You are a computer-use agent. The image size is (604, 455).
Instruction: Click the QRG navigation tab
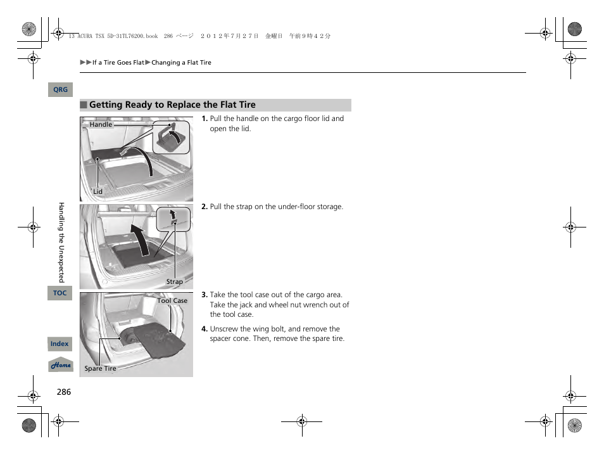[x=60, y=90]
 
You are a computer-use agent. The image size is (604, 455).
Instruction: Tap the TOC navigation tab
[x=60, y=293]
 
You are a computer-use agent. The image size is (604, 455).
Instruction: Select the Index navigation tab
[x=60, y=344]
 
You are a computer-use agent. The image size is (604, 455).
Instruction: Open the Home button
[x=61, y=366]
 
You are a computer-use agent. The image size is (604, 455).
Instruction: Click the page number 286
[x=63, y=392]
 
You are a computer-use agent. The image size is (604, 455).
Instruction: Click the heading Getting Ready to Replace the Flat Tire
[x=172, y=105]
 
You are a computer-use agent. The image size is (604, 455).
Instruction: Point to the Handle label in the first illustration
[x=101, y=125]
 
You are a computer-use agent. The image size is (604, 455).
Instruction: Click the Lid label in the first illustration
[x=98, y=191]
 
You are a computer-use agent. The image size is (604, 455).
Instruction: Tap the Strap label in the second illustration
[x=174, y=281]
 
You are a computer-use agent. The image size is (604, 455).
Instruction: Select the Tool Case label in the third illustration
[x=172, y=301]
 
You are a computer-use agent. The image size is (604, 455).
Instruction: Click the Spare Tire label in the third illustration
[x=101, y=368]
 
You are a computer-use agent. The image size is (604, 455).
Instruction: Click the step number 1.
[x=204, y=119]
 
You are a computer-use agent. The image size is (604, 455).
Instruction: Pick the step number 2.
[x=204, y=207]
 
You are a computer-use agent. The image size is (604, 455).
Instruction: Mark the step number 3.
[x=204, y=295]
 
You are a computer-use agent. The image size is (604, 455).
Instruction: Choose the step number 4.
[x=204, y=329]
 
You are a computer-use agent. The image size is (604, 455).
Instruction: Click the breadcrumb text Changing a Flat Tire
[x=181, y=63]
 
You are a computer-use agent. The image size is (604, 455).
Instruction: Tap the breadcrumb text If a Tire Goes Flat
[x=118, y=63]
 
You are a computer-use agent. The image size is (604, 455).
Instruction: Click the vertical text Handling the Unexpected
[x=61, y=242]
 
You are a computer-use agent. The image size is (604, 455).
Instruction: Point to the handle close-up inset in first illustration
[x=172, y=136]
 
